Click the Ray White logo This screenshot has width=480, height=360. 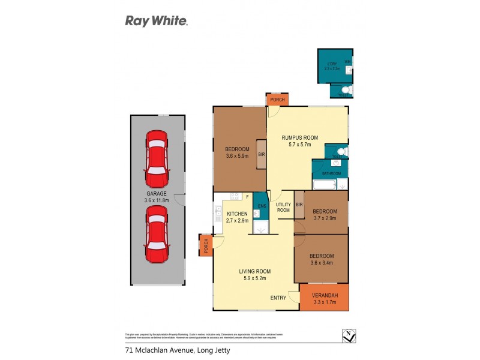(x=156, y=21)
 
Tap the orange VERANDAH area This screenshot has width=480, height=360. (x=324, y=298)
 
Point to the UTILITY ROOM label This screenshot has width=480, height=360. (x=283, y=208)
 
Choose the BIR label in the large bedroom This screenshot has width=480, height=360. (x=262, y=154)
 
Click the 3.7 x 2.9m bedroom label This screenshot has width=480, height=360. (x=325, y=215)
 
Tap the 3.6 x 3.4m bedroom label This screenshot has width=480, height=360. (x=321, y=259)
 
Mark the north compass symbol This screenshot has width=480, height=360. (x=347, y=337)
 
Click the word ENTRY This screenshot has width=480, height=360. (x=278, y=298)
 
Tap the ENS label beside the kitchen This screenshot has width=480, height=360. (x=261, y=206)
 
